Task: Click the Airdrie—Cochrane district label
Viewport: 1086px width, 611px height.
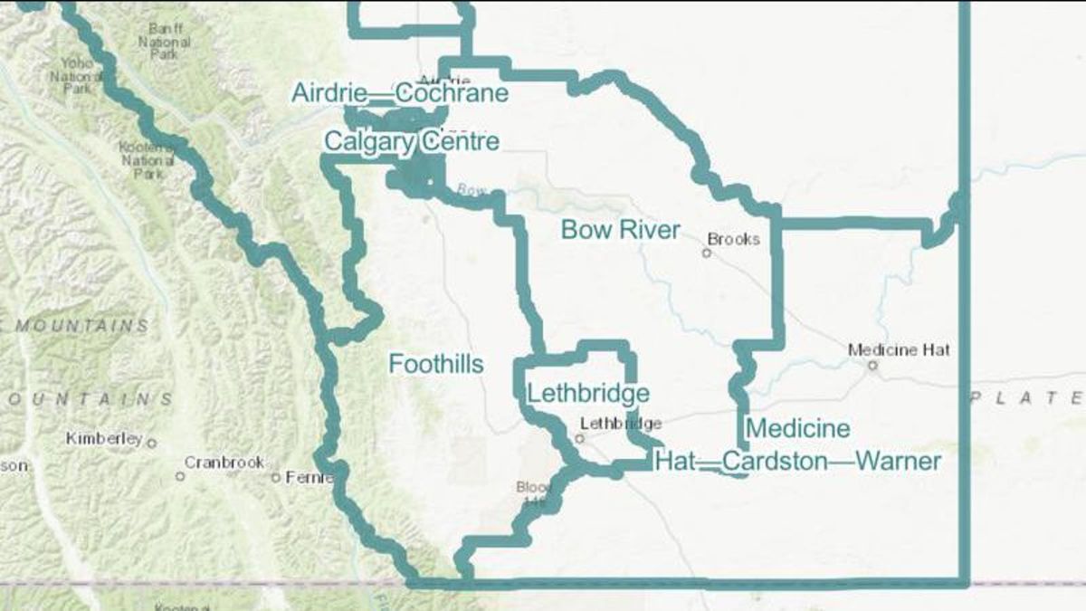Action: (399, 93)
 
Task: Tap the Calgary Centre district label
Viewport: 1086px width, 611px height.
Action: (411, 142)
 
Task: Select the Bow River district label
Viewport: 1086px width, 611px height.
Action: (620, 230)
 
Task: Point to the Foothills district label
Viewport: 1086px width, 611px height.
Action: (435, 364)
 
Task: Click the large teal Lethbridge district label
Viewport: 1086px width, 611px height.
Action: (588, 394)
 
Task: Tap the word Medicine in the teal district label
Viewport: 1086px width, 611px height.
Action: (797, 428)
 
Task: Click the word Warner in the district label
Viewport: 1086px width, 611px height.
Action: (898, 462)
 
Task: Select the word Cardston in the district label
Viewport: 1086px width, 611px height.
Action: (776, 462)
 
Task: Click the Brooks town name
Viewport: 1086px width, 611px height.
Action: (733, 240)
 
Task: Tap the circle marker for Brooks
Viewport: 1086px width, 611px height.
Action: (707, 253)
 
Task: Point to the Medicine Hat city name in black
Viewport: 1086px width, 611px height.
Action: (899, 349)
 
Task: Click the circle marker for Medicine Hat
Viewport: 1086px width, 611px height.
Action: (872, 366)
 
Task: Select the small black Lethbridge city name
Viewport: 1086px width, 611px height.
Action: (621, 423)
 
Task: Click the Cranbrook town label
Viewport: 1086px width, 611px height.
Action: (224, 462)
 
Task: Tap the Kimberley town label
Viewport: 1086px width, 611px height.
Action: (104, 439)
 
